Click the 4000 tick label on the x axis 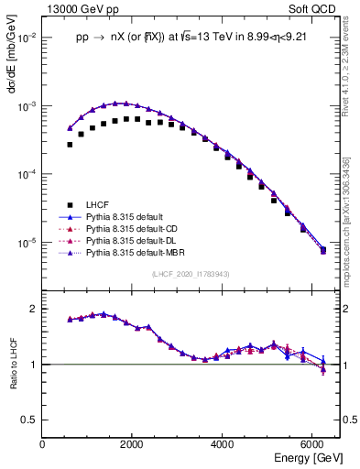pos(223,444)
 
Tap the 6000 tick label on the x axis pos(312,444)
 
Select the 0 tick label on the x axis pos(42,444)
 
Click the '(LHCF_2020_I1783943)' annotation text pos(191,274)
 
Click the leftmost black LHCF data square pos(70,144)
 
